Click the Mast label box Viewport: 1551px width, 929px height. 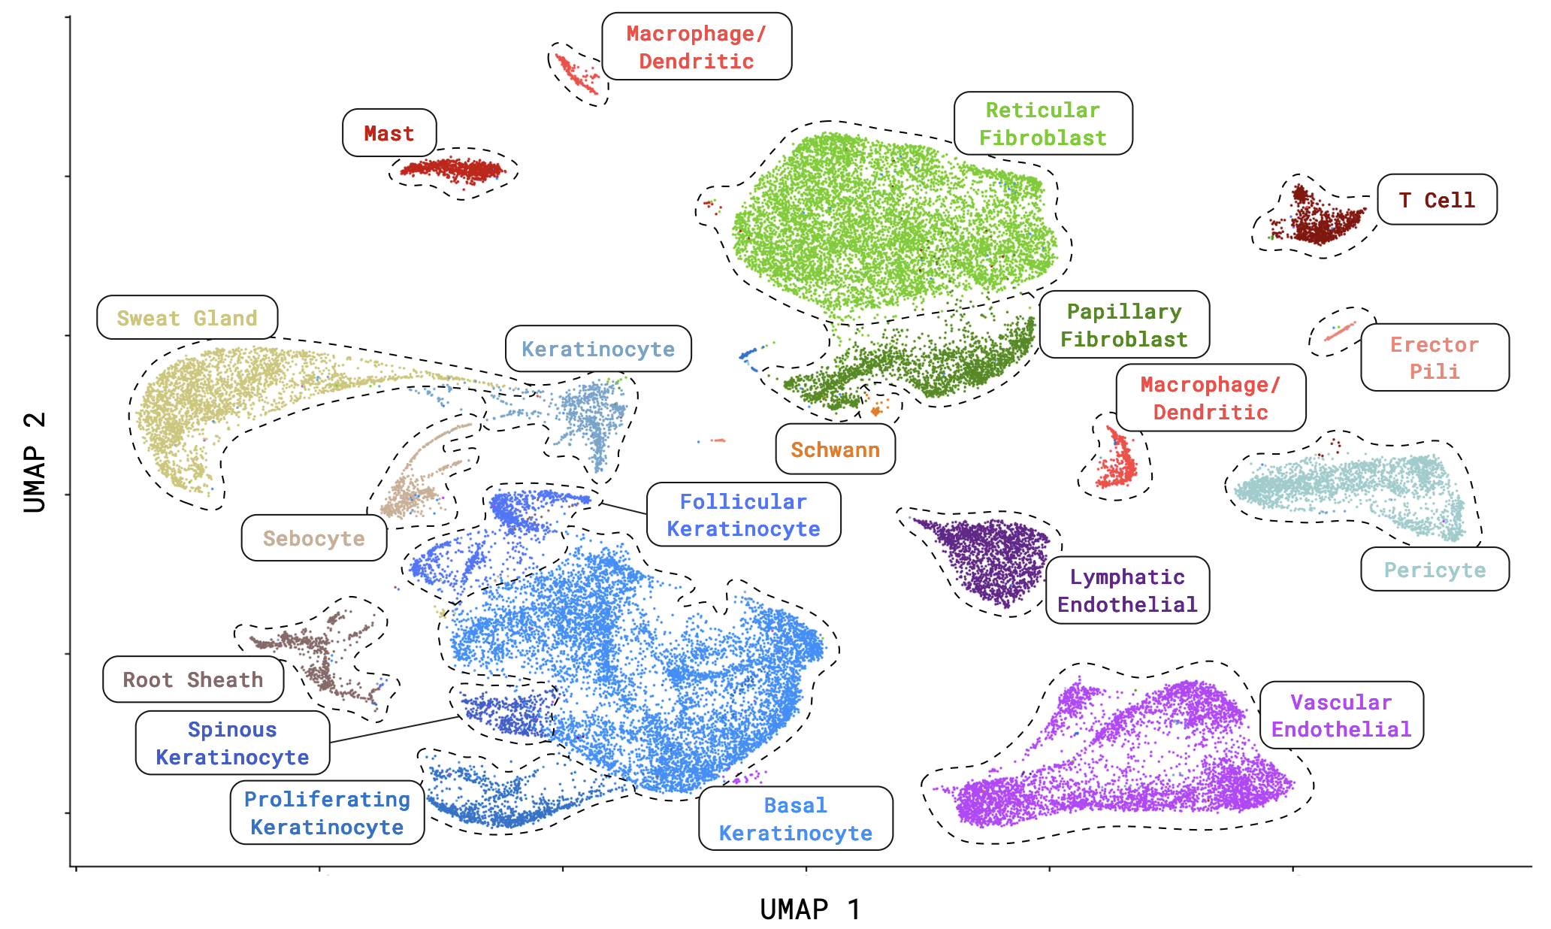tap(389, 133)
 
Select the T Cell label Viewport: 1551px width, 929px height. tap(1437, 200)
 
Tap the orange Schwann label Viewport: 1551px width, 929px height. tap(835, 449)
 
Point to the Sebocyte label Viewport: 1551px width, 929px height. tap(313, 538)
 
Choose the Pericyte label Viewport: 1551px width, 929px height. tap(1435, 570)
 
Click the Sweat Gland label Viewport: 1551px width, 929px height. tap(187, 318)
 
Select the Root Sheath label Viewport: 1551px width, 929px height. tap(193, 679)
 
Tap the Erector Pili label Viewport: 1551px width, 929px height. tap(1435, 358)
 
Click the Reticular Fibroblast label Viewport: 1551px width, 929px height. tap(1043, 124)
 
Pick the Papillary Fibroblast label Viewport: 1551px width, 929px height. tap(1124, 325)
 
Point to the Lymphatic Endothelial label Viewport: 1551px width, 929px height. tap(1127, 590)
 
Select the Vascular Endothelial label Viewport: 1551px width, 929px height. tap(1341, 716)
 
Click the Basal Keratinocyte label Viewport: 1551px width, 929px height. tap(796, 819)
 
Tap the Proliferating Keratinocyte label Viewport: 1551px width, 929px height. tap(327, 812)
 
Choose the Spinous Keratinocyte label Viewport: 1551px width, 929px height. tap(232, 743)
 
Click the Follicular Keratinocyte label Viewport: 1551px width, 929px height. tap(743, 515)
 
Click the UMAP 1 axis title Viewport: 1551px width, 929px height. tap(809, 909)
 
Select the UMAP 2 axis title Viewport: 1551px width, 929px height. tap(35, 461)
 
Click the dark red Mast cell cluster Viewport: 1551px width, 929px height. tap(453, 170)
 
